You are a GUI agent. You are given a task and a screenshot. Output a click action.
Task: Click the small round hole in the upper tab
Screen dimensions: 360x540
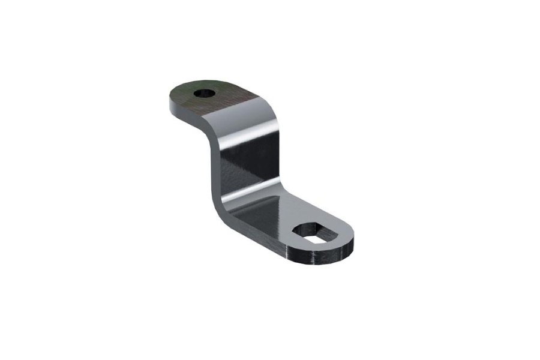[x=205, y=94]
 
